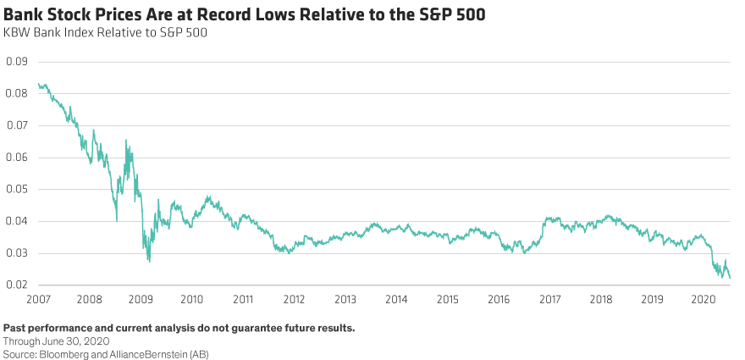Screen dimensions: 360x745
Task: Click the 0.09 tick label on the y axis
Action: tap(16, 62)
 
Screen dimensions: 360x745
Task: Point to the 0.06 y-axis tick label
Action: tap(16, 158)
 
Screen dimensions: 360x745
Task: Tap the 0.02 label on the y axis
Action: tap(16, 285)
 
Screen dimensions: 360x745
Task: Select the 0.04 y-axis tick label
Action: tap(16, 221)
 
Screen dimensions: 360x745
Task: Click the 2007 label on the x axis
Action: tap(39, 299)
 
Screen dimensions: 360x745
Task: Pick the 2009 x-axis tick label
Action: tap(141, 299)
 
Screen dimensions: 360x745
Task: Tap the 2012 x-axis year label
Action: tap(294, 299)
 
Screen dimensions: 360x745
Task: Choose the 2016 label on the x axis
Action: tap(499, 299)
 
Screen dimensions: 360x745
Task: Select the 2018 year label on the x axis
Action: tap(601, 299)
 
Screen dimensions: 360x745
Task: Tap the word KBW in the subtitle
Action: tap(17, 33)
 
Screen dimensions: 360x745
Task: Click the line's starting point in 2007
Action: tap(38, 83)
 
